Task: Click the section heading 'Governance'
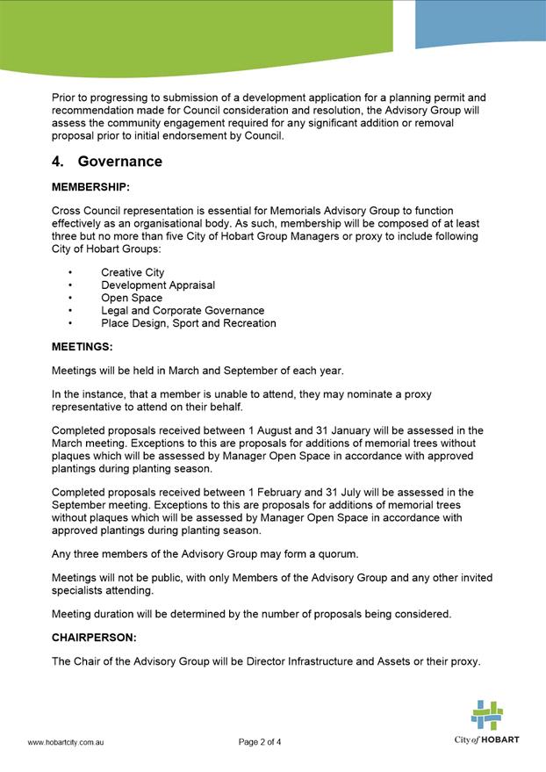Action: (x=119, y=162)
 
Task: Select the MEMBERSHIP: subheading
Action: (x=90, y=188)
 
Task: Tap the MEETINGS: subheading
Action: (x=83, y=347)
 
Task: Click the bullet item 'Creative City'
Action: (x=133, y=272)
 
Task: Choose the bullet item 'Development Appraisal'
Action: (x=158, y=285)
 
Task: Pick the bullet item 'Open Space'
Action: (x=132, y=298)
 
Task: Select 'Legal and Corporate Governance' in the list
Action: (x=183, y=311)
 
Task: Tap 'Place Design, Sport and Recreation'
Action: (x=189, y=323)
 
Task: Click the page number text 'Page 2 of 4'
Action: (x=260, y=742)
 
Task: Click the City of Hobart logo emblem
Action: (x=486, y=715)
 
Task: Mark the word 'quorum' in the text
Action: (x=333, y=553)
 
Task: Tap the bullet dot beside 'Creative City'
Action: (x=69, y=272)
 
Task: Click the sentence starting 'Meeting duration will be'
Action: (x=251, y=614)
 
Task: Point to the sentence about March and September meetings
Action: (x=198, y=370)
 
